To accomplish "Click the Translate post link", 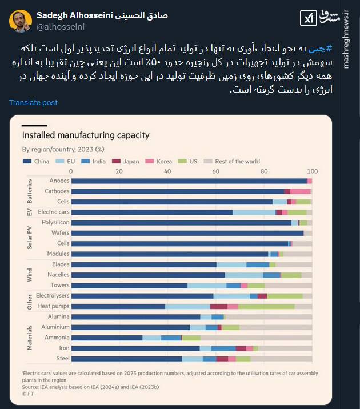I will click(x=33, y=103).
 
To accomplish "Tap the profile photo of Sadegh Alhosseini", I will click(x=20, y=21).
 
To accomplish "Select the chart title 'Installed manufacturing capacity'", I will click(x=85, y=135).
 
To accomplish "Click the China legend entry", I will click(x=38, y=162).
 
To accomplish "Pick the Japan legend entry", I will click(x=128, y=162).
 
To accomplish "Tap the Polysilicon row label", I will click(x=55, y=223).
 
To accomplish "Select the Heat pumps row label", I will click(x=54, y=306).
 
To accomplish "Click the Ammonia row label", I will click(x=56, y=338).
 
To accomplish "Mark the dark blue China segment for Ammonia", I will click(x=107, y=338).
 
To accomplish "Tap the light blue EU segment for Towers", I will click(x=207, y=285).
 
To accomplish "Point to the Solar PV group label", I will click(x=30, y=238).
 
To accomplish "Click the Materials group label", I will click(x=30, y=338).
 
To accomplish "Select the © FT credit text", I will click(x=27, y=393).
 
